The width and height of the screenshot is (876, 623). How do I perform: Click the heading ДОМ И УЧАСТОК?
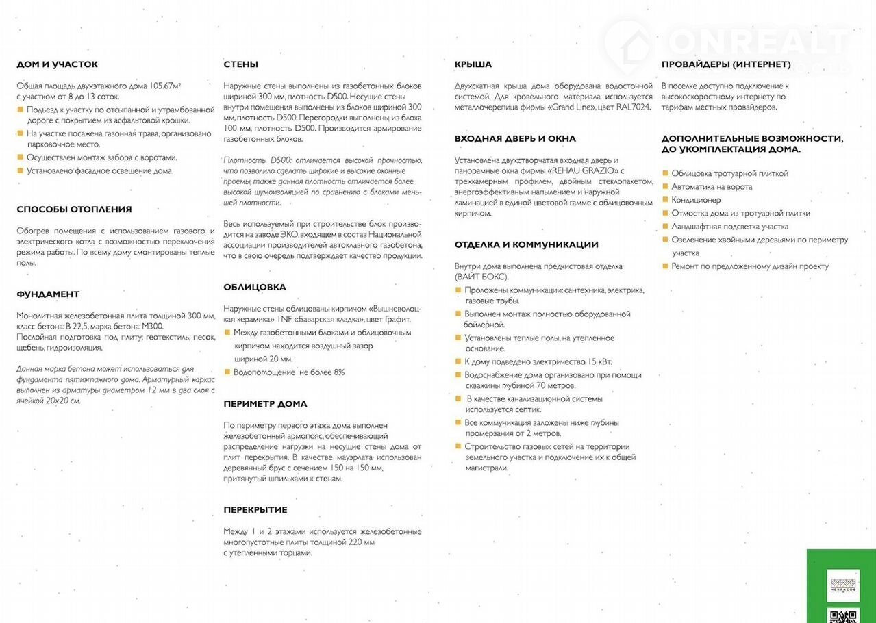57,64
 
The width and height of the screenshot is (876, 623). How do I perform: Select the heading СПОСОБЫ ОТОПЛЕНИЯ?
74,209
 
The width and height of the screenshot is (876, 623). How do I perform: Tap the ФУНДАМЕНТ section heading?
48,294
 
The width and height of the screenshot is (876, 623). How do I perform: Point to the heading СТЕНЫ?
240,64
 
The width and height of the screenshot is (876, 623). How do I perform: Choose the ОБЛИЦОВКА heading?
254,287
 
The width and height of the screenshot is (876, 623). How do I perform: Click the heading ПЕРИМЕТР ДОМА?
265,404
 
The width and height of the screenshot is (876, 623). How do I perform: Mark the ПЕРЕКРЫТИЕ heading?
255,510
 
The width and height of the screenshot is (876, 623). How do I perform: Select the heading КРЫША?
473,64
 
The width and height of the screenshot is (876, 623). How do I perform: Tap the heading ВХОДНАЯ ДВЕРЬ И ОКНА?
515,139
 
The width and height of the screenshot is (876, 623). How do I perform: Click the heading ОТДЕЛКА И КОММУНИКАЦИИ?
526,245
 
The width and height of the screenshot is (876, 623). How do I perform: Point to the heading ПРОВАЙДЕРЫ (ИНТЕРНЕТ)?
726,64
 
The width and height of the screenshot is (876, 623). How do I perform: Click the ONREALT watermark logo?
726,42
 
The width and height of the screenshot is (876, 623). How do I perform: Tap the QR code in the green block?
842,615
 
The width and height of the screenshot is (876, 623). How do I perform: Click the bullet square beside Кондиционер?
664,200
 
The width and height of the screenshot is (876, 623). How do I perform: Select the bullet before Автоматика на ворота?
664,187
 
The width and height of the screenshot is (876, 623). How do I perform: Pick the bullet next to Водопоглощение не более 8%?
227,372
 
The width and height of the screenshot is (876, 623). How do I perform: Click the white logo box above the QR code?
842,585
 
